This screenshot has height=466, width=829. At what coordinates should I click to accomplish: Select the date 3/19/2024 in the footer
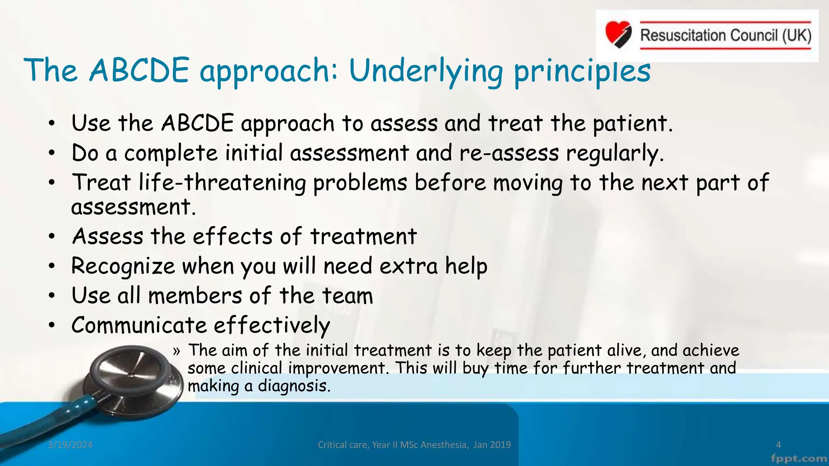[70, 445]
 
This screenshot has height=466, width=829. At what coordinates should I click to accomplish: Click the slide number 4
[778, 445]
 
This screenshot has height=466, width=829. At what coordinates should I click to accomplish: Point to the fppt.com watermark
[799, 459]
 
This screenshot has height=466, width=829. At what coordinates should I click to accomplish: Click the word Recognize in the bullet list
[123, 267]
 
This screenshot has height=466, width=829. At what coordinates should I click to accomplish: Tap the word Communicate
[139, 325]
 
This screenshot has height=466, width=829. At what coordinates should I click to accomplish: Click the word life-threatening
[222, 182]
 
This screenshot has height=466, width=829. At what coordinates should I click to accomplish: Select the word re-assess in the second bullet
[509, 153]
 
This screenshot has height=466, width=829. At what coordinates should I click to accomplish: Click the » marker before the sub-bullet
[176, 351]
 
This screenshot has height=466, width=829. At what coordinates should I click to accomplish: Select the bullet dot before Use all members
[51, 296]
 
